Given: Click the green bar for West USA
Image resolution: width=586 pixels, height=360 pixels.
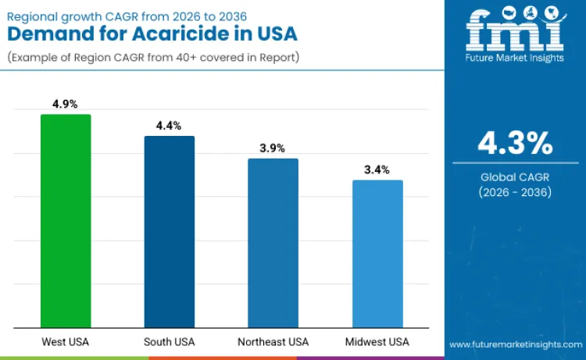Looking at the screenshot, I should click(66, 221).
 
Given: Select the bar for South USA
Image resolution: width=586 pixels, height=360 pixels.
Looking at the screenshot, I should click(170, 232).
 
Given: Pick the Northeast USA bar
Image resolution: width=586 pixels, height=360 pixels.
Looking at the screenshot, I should click(273, 243).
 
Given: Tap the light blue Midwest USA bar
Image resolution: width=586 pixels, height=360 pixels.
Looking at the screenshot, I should click(377, 254).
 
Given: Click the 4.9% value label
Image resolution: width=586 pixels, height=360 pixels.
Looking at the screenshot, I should click(65, 104).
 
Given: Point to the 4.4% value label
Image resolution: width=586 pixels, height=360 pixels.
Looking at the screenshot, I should click(169, 126).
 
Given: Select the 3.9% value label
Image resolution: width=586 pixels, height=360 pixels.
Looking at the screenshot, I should click(273, 148).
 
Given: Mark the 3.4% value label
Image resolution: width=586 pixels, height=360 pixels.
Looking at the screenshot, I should click(377, 169).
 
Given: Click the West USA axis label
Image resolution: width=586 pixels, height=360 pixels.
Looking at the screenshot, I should click(65, 342).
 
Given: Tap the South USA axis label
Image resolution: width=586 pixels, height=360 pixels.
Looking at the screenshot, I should click(169, 342).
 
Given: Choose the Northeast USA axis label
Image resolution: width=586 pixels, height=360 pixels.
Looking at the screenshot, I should click(273, 342).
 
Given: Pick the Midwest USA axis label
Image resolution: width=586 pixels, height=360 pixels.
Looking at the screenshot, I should click(377, 342).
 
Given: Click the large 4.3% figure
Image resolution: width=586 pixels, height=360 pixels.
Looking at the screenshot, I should click(515, 144).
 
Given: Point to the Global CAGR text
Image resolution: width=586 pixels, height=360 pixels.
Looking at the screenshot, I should click(515, 177).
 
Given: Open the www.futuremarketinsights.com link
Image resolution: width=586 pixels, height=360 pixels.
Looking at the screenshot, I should click(514, 344).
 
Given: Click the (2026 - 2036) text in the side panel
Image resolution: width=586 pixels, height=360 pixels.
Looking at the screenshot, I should click(515, 192).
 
